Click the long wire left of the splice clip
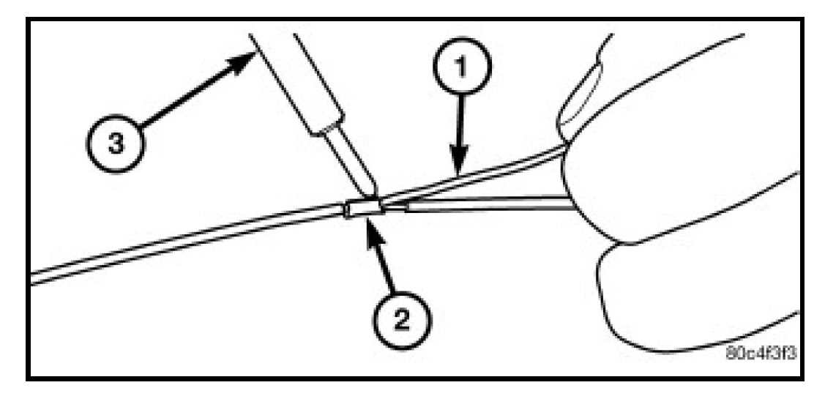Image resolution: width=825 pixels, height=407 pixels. click(x=183, y=245)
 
